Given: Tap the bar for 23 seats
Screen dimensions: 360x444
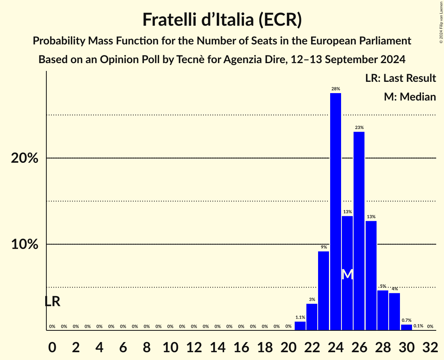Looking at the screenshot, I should pos(324,291).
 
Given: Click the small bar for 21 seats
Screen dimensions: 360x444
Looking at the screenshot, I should pos(300,326).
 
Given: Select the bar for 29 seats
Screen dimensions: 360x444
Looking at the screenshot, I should pos(394,311).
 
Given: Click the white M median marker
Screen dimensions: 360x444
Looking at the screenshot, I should pos(347,274).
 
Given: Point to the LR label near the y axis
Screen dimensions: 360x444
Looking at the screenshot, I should pos(52,302).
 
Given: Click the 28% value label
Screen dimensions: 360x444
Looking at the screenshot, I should pos(335,89).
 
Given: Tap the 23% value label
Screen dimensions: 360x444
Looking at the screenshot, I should pos(359,127).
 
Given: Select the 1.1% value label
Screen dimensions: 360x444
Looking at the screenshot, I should pos(300,318).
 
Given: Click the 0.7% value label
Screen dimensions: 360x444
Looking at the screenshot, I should pos(406,320).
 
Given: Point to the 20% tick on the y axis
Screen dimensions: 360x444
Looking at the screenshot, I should pos(24,159).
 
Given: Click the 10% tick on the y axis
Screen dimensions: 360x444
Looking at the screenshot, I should pos(24,245).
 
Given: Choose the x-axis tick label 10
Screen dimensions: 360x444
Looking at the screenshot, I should pos(170,346).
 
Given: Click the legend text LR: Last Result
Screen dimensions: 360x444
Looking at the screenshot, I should pos(400,78).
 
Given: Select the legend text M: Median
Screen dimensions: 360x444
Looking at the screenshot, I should pos(410,97).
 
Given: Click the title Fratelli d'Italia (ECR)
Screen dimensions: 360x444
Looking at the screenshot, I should pos(222,20).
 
